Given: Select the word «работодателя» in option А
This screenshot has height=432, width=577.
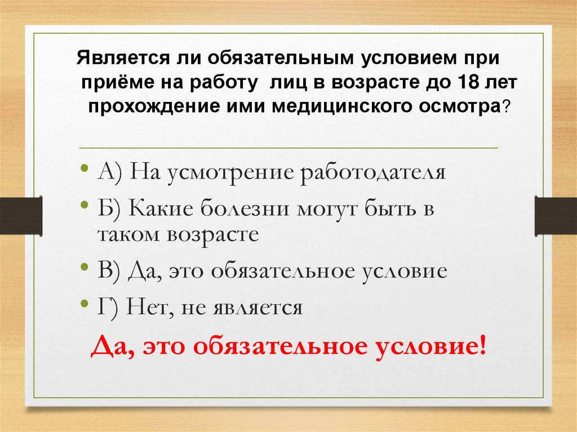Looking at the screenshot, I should coord(372,172).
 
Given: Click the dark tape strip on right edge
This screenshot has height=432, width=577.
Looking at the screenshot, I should coord(556,216).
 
